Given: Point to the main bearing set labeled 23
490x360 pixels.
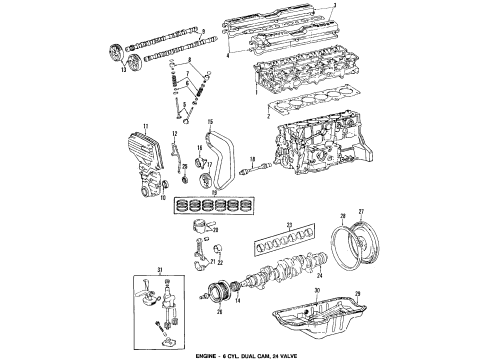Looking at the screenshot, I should click(295, 244).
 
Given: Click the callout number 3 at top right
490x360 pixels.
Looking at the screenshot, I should click(363, 7).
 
